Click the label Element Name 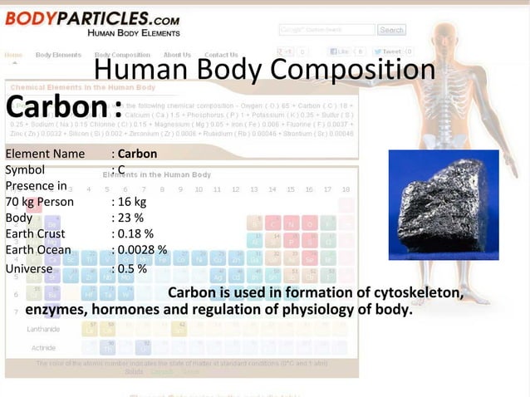tap(45, 154)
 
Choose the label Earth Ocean tap(38, 250)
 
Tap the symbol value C tap(121, 169)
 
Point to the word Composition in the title tap(358, 70)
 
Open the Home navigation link tap(13, 55)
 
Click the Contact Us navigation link tap(221, 55)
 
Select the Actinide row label tap(43, 347)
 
